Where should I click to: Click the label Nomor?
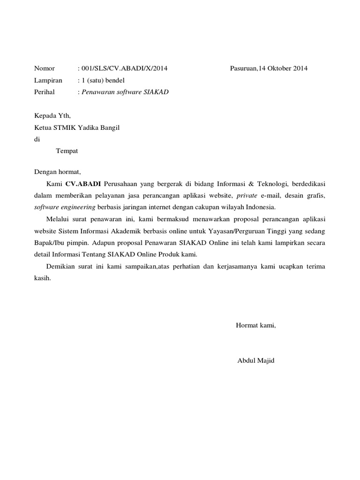[45, 68]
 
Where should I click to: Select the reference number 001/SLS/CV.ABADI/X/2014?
[124, 68]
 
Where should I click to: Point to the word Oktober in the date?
[280, 68]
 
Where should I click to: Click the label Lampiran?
[48, 80]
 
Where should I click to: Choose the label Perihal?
[45, 92]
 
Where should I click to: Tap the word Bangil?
[111, 127]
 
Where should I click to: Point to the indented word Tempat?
[67, 151]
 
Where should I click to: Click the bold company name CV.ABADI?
[83, 183]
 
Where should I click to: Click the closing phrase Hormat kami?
[256, 325]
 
